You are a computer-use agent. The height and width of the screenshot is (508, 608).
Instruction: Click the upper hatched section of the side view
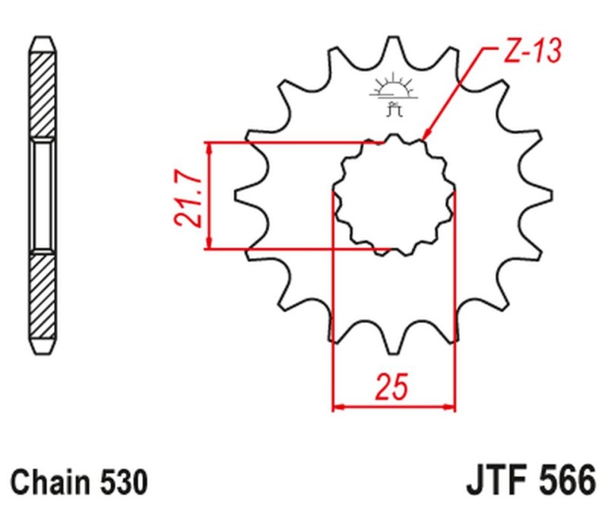(x=43, y=87)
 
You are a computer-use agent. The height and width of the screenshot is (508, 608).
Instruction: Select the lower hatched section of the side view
(x=43, y=300)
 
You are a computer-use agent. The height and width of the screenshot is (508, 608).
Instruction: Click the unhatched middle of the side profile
(x=43, y=195)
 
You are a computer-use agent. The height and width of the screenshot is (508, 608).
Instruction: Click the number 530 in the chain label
(x=122, y=482)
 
